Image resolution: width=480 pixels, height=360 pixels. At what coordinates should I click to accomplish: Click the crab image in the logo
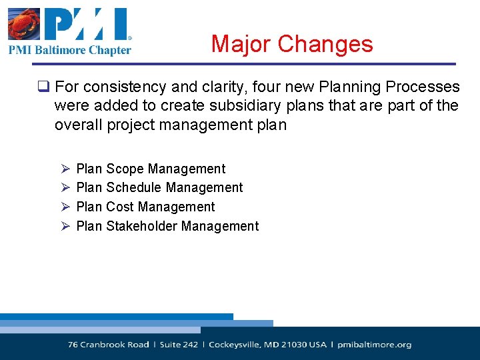(25, 24)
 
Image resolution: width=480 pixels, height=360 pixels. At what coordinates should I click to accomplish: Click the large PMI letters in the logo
(87, 24)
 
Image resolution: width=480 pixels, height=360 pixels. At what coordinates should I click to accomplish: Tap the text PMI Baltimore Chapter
(70, 49)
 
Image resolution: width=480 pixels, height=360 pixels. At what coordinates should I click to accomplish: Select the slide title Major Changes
(292, 44)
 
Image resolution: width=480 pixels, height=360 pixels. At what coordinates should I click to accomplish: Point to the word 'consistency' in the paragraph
(119, 87)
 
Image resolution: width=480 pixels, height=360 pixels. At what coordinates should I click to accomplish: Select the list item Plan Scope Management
(151, 169)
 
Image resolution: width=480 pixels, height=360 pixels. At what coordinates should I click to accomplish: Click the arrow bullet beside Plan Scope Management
(65, 169)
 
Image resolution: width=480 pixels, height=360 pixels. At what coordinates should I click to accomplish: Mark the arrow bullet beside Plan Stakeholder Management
(65, 227)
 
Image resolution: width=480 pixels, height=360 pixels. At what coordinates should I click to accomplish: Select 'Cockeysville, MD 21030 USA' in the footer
(267, 345)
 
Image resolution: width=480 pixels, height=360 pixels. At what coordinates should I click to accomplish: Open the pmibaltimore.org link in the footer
(374, 345)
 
